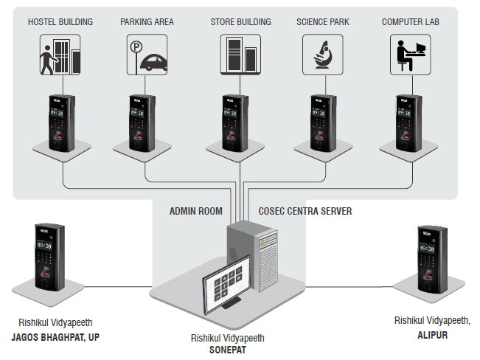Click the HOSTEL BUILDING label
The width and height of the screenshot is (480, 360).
[60, 21]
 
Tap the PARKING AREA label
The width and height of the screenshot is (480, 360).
[147, 21]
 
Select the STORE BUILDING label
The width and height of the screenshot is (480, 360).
[240, 21]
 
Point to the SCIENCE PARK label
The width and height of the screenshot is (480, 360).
[323, 21]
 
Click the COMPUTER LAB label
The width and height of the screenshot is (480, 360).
[410, 21]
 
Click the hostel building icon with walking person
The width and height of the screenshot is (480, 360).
[60, 54]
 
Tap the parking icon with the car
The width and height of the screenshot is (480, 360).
[147, 55]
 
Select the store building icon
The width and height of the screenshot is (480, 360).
[240, 54]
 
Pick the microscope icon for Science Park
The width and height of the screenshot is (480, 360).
[323, 54]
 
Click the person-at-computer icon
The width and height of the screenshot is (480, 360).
[410, 54]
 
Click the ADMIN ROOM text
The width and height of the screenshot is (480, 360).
[195, 211]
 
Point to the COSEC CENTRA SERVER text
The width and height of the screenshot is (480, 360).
[305, 211]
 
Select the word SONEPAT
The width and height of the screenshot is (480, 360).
[227, 350]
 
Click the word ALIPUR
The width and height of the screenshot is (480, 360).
[431, 334]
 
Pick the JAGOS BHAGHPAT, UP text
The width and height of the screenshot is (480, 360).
[55, 337]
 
